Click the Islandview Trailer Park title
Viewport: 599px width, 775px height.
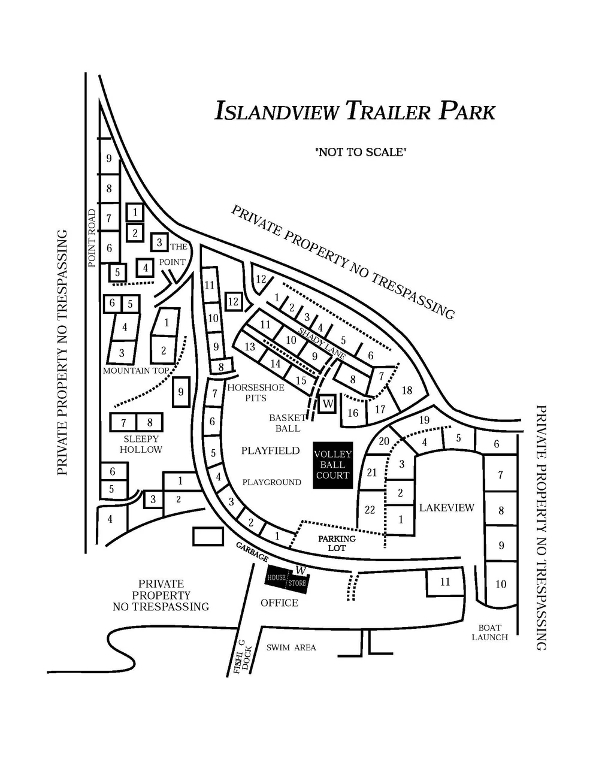point(355,111)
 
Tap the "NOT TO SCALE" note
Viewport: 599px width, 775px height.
point(361,152)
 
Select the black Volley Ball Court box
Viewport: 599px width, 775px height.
point(332,465)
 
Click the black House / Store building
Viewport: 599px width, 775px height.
point(286,579)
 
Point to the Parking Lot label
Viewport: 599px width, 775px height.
point(337,543)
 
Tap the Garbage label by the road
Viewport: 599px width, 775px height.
point(252,552)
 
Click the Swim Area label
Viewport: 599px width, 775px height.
point(291,647)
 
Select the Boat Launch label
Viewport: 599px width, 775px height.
point(489,632)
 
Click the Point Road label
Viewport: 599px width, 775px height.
point(92,238)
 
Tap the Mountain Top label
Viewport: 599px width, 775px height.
point(136,371)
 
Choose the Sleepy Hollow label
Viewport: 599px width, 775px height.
point(141,444)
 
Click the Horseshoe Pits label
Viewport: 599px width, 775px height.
point(256,393)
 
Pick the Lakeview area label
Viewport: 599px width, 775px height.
point(446,508)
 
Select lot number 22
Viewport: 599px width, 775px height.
point(370,510)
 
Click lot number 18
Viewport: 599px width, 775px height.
point(407,390)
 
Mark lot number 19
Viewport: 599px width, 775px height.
point(424,420)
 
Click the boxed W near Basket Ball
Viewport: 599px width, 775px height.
point(328,404)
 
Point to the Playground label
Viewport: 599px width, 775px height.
point(271,482)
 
